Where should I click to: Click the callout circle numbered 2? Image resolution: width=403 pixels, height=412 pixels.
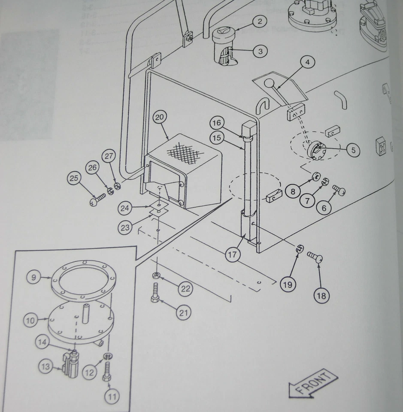[x=260, y=21]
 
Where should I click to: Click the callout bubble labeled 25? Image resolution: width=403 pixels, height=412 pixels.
[x=75, y=178]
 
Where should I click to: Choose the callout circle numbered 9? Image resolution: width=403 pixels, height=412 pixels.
[x=34, y=277]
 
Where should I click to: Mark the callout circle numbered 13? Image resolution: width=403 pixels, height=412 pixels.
[x=45, y=367]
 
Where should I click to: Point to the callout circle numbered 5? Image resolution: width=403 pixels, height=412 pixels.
[x=353, y=150]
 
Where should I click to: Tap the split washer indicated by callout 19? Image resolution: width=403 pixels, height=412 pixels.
[x=300, y=248]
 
